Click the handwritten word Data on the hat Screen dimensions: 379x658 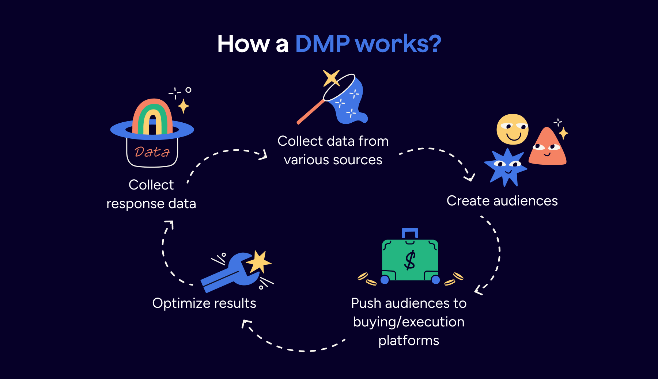pos(152,152)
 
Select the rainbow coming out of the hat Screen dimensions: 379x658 pos(152,116)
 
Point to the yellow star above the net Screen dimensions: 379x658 pos(331,77)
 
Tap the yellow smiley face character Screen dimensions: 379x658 pos(512,129)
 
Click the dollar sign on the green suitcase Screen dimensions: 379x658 pos(410,260)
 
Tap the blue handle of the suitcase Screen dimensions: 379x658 pos(410,233)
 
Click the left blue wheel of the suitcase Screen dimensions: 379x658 pos(385,280)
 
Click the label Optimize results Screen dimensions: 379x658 pos(204,303)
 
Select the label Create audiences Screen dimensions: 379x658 pos(502,201)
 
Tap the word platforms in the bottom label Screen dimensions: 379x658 pos(409,341)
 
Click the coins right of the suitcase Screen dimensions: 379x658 pos(454,279)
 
